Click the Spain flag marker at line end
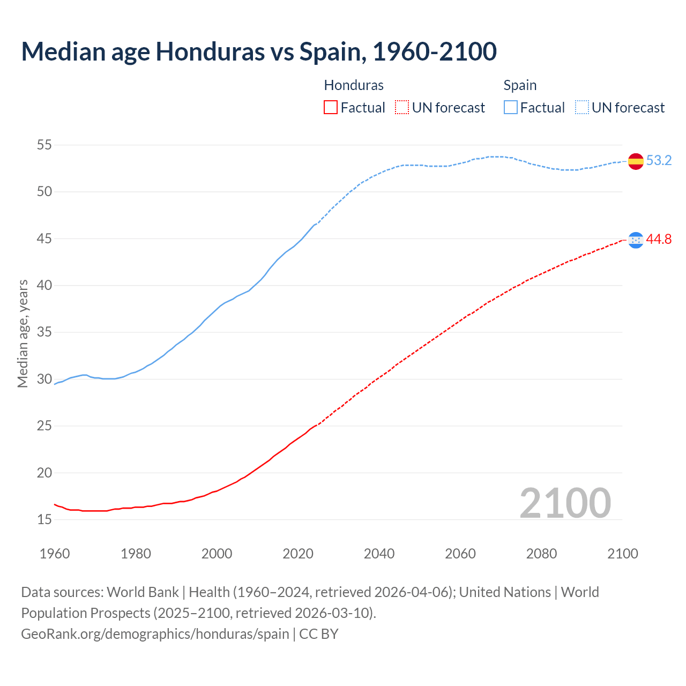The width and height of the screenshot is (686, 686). pos(636,161)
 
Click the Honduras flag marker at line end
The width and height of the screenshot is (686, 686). pos(636,240)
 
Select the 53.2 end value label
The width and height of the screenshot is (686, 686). pos(659,161)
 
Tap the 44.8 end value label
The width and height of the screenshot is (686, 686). pos(659,240)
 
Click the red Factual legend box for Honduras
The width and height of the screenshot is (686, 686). pos(331,108)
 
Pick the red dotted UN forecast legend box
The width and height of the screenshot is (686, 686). pos(402,108)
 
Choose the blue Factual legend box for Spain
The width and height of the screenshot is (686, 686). pos(511,108)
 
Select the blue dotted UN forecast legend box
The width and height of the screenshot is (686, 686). pos(582,108)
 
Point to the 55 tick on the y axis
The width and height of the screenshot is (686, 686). pos(44,145)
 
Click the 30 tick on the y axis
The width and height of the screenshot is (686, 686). pos(44,379)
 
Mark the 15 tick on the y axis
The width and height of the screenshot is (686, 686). pos(44,520)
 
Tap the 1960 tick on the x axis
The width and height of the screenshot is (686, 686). pos(55,554)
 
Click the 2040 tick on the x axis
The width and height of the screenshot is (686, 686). pos(379,554)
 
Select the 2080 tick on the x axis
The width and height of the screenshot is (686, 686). pos(541,554)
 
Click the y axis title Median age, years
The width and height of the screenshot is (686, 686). pos(23,333)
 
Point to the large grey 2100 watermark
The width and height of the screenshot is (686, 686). pos(565,503)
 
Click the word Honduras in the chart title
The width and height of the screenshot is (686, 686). pos(210,51)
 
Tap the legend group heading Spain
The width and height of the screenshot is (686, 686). pos(520,85)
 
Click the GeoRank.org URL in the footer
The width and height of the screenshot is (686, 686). pos(155,634)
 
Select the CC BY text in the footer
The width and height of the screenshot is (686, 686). pos(319,634)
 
